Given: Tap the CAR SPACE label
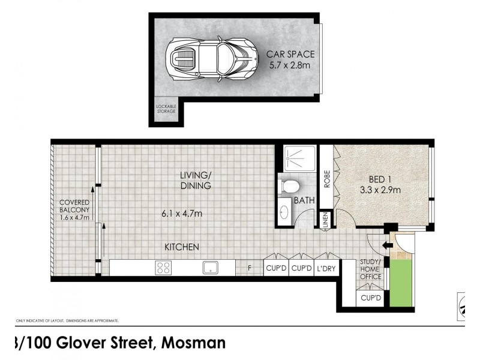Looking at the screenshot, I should tap(290, 59).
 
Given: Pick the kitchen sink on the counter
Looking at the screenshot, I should tap(210, 268).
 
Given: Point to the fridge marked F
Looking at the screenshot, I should tap(250, 268).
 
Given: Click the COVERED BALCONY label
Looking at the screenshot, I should tap(74, 209).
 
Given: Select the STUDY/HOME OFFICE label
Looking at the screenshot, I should tap(370, 269).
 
